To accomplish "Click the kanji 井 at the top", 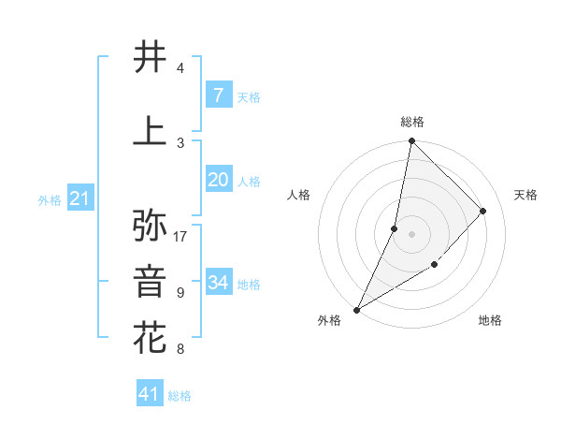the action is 151,56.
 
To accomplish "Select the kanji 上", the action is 151,130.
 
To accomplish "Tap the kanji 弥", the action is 151,225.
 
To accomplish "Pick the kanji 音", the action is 151,282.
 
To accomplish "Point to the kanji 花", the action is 151,338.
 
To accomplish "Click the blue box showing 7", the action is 218,95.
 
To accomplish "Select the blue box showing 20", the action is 218,181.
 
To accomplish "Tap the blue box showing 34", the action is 218,283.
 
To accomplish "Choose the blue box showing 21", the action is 79,198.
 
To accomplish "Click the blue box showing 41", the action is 150,394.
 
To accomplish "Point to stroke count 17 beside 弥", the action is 180,236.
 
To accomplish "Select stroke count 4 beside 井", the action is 180,68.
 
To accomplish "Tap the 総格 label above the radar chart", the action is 411,122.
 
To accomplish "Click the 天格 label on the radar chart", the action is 525,195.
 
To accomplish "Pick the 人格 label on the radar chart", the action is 298,195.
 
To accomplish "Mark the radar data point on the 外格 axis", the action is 356,309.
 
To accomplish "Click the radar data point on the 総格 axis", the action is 411,140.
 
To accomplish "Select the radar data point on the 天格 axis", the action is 483,211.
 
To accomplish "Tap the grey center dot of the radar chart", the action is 411,234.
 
